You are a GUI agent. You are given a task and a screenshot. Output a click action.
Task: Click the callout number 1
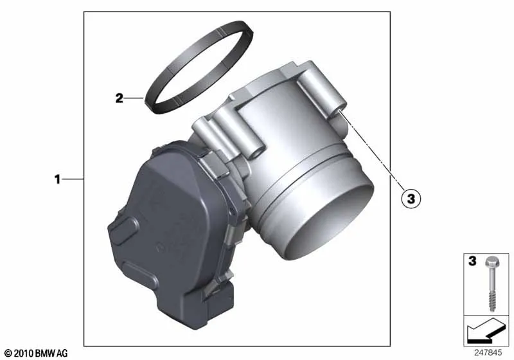tap(57, 179)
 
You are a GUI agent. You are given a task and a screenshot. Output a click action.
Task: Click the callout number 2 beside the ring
tap(120, 98)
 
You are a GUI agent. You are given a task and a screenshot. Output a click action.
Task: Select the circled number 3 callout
tap(411, 199)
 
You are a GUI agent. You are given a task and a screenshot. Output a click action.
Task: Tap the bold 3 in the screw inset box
tap(472, 261)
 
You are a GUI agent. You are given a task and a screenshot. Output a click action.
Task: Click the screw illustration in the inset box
tap(491, 284)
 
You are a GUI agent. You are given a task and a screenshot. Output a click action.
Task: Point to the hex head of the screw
tap(491, 262)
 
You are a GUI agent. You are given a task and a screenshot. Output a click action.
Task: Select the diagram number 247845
tap(488, 353)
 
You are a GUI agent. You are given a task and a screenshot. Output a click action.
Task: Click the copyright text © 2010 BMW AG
tap(36, 353)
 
